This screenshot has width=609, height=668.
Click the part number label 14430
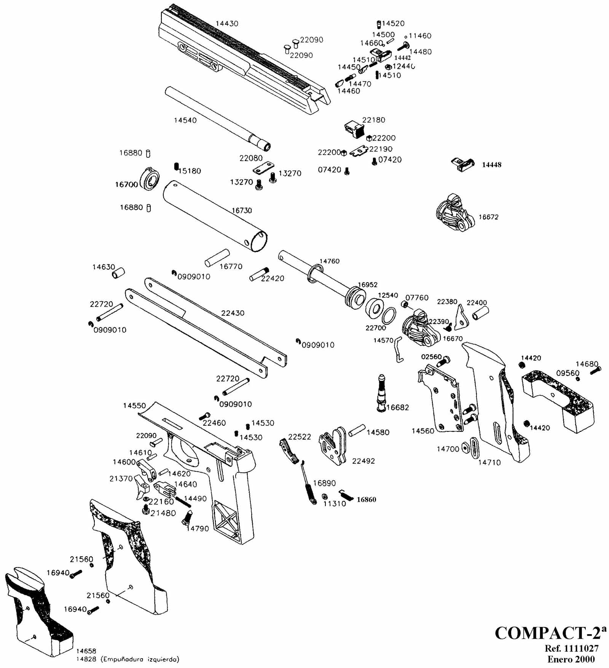(227, 24)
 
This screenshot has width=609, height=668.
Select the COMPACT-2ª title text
(550, 633)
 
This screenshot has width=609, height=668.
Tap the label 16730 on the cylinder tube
(242, 210)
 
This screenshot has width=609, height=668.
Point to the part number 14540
(185, 120)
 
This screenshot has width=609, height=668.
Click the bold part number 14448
(491, 165)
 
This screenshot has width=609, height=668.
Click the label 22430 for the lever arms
(233, 313)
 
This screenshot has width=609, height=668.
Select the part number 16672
(488, 217)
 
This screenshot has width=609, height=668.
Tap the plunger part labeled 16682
(382, 392)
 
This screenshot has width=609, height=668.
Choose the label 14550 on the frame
(134, 406)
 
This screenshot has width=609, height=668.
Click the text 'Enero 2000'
(571, 659)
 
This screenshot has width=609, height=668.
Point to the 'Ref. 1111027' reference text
(571, 649)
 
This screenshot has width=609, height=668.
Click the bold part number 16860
(366, 500)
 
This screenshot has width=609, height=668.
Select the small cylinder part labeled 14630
(118, 273)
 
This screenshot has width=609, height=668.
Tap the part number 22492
(363, 461)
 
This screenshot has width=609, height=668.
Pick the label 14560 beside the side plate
(423, 431)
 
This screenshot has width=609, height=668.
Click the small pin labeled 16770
(217, 258)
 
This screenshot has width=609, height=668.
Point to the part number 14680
(587, 364)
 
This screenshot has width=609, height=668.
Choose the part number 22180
(373, 120)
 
